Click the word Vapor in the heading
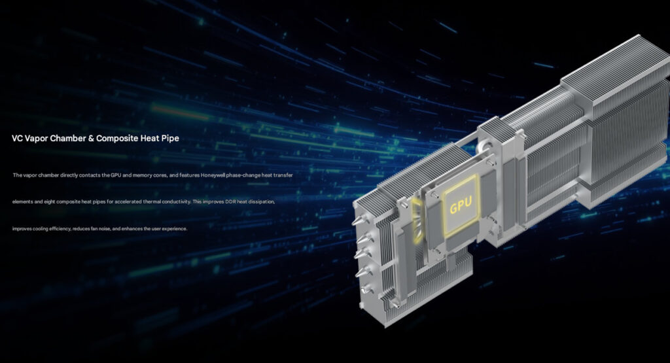pos(37,139)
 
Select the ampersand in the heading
pos(90,139)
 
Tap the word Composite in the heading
pos(117,139)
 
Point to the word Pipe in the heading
pos(170,139)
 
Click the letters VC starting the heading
pos(17,139)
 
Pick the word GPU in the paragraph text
pos(116,175)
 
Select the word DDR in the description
pos(231,201)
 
